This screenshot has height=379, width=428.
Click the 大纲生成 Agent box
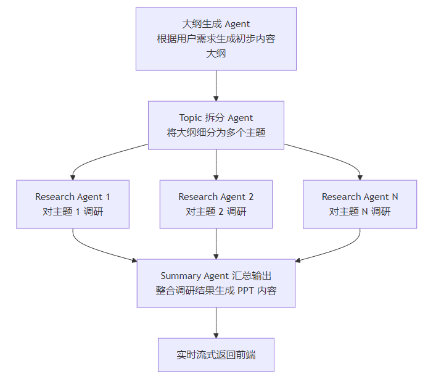pyautogui.click(x=216, y=38)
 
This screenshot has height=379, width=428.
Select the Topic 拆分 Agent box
pyautogui.click(x=216, y=125)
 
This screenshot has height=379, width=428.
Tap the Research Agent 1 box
pyautogui.click(x=73, y=204)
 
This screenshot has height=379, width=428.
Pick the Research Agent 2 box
pyautogui.click(x=216, y=204)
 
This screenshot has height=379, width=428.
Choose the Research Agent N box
pyautogui.click(x=360, y=204)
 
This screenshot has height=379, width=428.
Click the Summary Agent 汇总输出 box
pyautogui.click(x=216, y=283)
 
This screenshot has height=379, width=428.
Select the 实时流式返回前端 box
pyautogui.click(x=216, y=354)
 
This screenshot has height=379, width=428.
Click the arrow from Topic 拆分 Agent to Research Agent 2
pyautogui.click(x=216, y=164)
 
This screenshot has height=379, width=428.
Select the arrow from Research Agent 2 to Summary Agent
pyautogui.click(x=216, y=244)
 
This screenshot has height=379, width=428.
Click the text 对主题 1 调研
pyautogui.click(x=73, y=212)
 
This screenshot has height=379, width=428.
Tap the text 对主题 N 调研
pyautogui.click(x=360, y=212)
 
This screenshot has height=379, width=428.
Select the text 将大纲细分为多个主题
pyautogui.click(x=216, y=133)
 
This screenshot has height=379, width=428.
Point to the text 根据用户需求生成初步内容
pyautogui.click(x=216, y=38)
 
